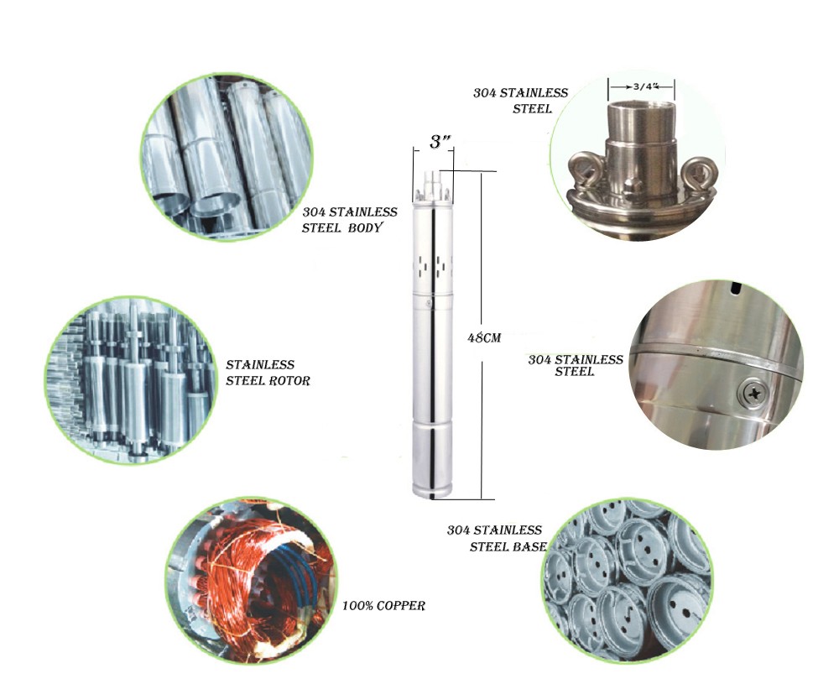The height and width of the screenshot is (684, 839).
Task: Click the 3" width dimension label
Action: (440, 142)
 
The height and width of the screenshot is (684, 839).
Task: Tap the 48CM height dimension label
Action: (484, 337)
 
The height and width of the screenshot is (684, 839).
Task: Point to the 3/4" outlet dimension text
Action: (644, 86)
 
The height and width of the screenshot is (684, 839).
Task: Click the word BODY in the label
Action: (365, 227)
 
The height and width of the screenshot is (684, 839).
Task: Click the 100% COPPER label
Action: (383, 606)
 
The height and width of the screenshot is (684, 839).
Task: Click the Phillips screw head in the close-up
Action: (754, 394)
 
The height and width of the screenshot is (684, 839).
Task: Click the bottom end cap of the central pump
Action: (432, 490)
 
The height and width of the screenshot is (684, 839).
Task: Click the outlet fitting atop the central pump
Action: (432, 184)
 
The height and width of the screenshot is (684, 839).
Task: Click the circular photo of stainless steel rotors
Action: (130, 379)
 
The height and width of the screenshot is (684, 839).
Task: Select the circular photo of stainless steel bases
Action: (627, 582)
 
